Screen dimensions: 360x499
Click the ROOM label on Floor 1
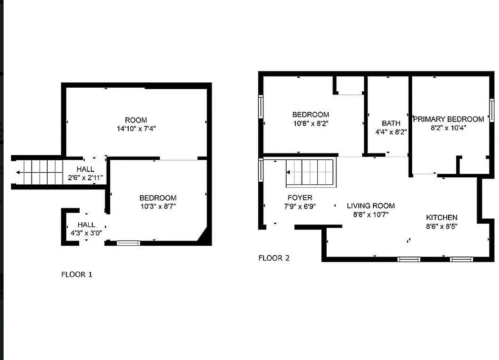click(x=136, y=120)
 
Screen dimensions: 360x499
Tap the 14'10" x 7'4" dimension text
click(x=136, y=128)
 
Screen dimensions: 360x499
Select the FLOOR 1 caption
click(x=76, y=274)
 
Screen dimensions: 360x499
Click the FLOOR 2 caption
click(x=274, y=258)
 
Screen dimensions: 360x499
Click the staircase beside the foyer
click(x=311, y=173)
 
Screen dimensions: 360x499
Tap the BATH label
click(x=391, y=123)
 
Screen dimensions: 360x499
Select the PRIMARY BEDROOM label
click(x=449, y=119)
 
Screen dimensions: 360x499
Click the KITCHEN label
click(x=441, y=217)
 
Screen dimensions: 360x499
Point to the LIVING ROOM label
click(x=371, y=206)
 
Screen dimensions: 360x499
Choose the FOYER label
click(x=300, y=198)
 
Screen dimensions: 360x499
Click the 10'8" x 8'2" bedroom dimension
click(x=310, y=123)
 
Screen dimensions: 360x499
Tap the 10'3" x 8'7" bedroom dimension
click(x=157, y=206)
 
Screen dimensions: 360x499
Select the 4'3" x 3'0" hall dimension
click(x=86, y=233)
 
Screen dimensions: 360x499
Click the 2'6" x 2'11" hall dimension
click(x=85, y=177)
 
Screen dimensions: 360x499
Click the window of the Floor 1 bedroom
click(x=128, y=243)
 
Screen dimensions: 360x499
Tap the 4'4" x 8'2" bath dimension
click(x=391, y=132)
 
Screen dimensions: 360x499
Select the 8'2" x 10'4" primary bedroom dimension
click(x=449, y=127)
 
